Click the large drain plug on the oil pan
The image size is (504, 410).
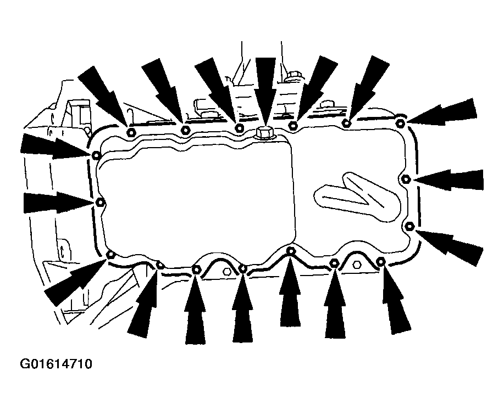[264, 133]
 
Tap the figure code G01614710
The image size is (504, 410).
[56, 364]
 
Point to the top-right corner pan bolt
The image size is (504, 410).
[400, 123]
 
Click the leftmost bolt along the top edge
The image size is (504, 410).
[131, 132]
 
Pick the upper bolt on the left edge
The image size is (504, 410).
[96, 155]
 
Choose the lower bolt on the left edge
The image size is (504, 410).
[100, 203]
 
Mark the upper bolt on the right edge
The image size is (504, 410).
[406, 179]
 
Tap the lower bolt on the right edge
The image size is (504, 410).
[409, 226]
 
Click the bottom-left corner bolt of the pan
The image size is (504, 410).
[110, 255]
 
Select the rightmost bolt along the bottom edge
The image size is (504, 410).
[380, 262]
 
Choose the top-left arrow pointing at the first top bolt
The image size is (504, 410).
[102, 95]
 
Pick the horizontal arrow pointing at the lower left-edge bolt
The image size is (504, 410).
[58, 203]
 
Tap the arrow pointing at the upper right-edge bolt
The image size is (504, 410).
[448, 179]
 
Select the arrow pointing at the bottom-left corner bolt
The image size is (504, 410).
[75, 282]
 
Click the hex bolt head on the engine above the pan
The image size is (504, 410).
[294, 76]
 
